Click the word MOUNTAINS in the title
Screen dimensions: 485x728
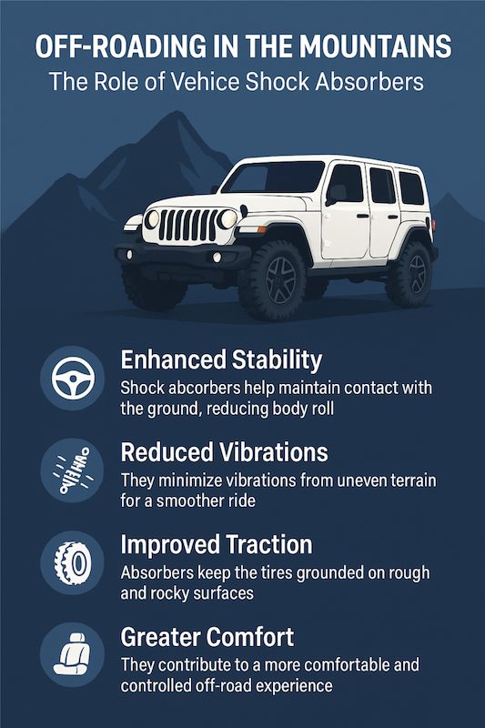tap(375, 46)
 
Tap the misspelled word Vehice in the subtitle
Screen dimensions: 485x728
tap(205, 82)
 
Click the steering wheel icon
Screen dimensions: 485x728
tap(73, 378)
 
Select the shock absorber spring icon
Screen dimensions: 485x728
tap(73, 470)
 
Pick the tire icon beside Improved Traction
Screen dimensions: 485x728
tap(73, 563)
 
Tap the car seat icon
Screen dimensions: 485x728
tap(72, 653)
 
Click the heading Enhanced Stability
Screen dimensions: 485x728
tap(221, 360)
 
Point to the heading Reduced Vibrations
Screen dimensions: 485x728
tap(224, 451)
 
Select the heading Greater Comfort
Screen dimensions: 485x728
tap(207, 636)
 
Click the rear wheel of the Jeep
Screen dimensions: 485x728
tap(409, 274)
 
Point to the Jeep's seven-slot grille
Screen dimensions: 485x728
tap(188, 225)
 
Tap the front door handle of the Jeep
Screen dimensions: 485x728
tap(362, 216)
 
